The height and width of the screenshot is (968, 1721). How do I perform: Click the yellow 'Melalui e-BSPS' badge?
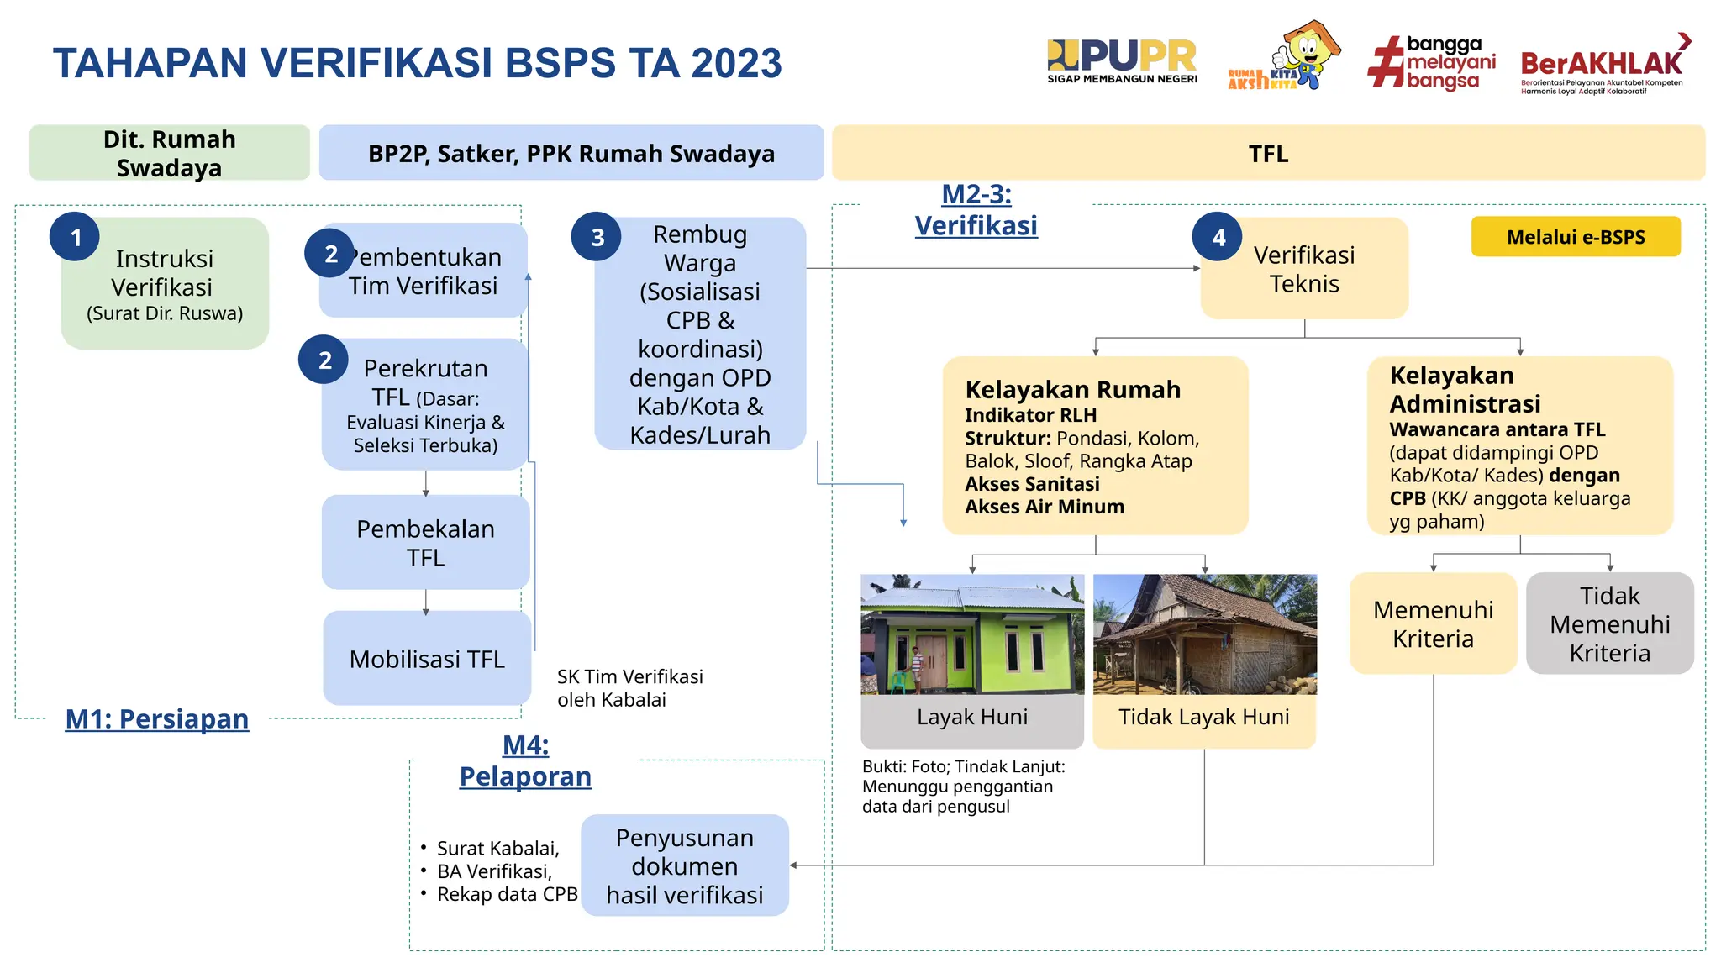pos(1575,237)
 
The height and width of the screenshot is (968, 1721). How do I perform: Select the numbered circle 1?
pos(75,237)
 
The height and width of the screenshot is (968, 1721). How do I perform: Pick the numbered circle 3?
pos(597,237)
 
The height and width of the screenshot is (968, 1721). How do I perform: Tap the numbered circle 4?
pos(1218,237)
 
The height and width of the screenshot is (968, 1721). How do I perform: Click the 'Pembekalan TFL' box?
pos(425,543)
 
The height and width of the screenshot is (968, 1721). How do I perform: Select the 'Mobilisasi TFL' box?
pos(427,659)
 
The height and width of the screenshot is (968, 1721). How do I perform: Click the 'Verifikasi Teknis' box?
pos(1304,269)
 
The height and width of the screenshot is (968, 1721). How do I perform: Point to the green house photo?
pos(972,634)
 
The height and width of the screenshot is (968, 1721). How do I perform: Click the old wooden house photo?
pos(1204,634)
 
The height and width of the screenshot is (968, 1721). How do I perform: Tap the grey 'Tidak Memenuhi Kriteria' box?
pos(1609,623)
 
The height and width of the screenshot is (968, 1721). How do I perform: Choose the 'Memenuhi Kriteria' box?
pos(1433,623)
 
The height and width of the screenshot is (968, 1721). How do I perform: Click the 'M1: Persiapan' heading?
pos(157,719)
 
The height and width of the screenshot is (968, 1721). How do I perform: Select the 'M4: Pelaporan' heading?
pos(525,760)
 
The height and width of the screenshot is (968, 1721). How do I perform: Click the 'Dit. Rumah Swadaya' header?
pos(170,153)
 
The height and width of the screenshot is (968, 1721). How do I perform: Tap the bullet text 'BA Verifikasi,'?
pos(494,871)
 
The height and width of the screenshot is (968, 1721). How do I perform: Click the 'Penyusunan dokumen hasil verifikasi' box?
pos(685,865)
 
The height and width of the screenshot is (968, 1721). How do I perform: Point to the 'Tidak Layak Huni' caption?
pos(1203,718)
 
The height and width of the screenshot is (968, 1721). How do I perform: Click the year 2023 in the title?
pos(736,64)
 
